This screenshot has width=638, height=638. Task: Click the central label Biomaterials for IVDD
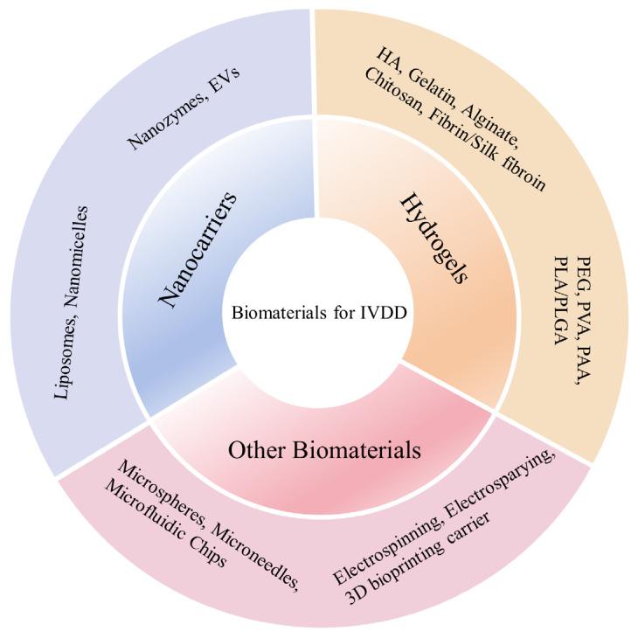[319, 312]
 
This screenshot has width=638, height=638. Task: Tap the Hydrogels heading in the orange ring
[433, 237]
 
